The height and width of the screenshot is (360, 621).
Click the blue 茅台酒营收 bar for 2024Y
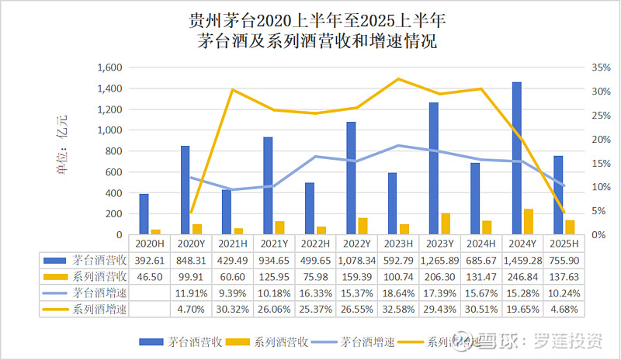tap(516, 158)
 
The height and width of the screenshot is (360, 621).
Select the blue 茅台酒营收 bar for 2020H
tap(144, 214)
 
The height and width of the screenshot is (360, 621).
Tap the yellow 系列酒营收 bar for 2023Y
tap(446, 223)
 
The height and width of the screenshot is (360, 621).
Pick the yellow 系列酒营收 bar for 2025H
tap(571, 227)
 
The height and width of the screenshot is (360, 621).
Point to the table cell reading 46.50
tap(144, 277)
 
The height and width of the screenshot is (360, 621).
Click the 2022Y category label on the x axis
tap(351, 243)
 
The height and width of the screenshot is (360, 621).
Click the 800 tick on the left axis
tap(113, 151)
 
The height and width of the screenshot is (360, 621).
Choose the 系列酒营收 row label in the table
tap(91, 277)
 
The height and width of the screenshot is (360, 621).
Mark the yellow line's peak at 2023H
tap(398, 79)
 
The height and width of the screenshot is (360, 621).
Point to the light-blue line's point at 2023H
tap(398, 145)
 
